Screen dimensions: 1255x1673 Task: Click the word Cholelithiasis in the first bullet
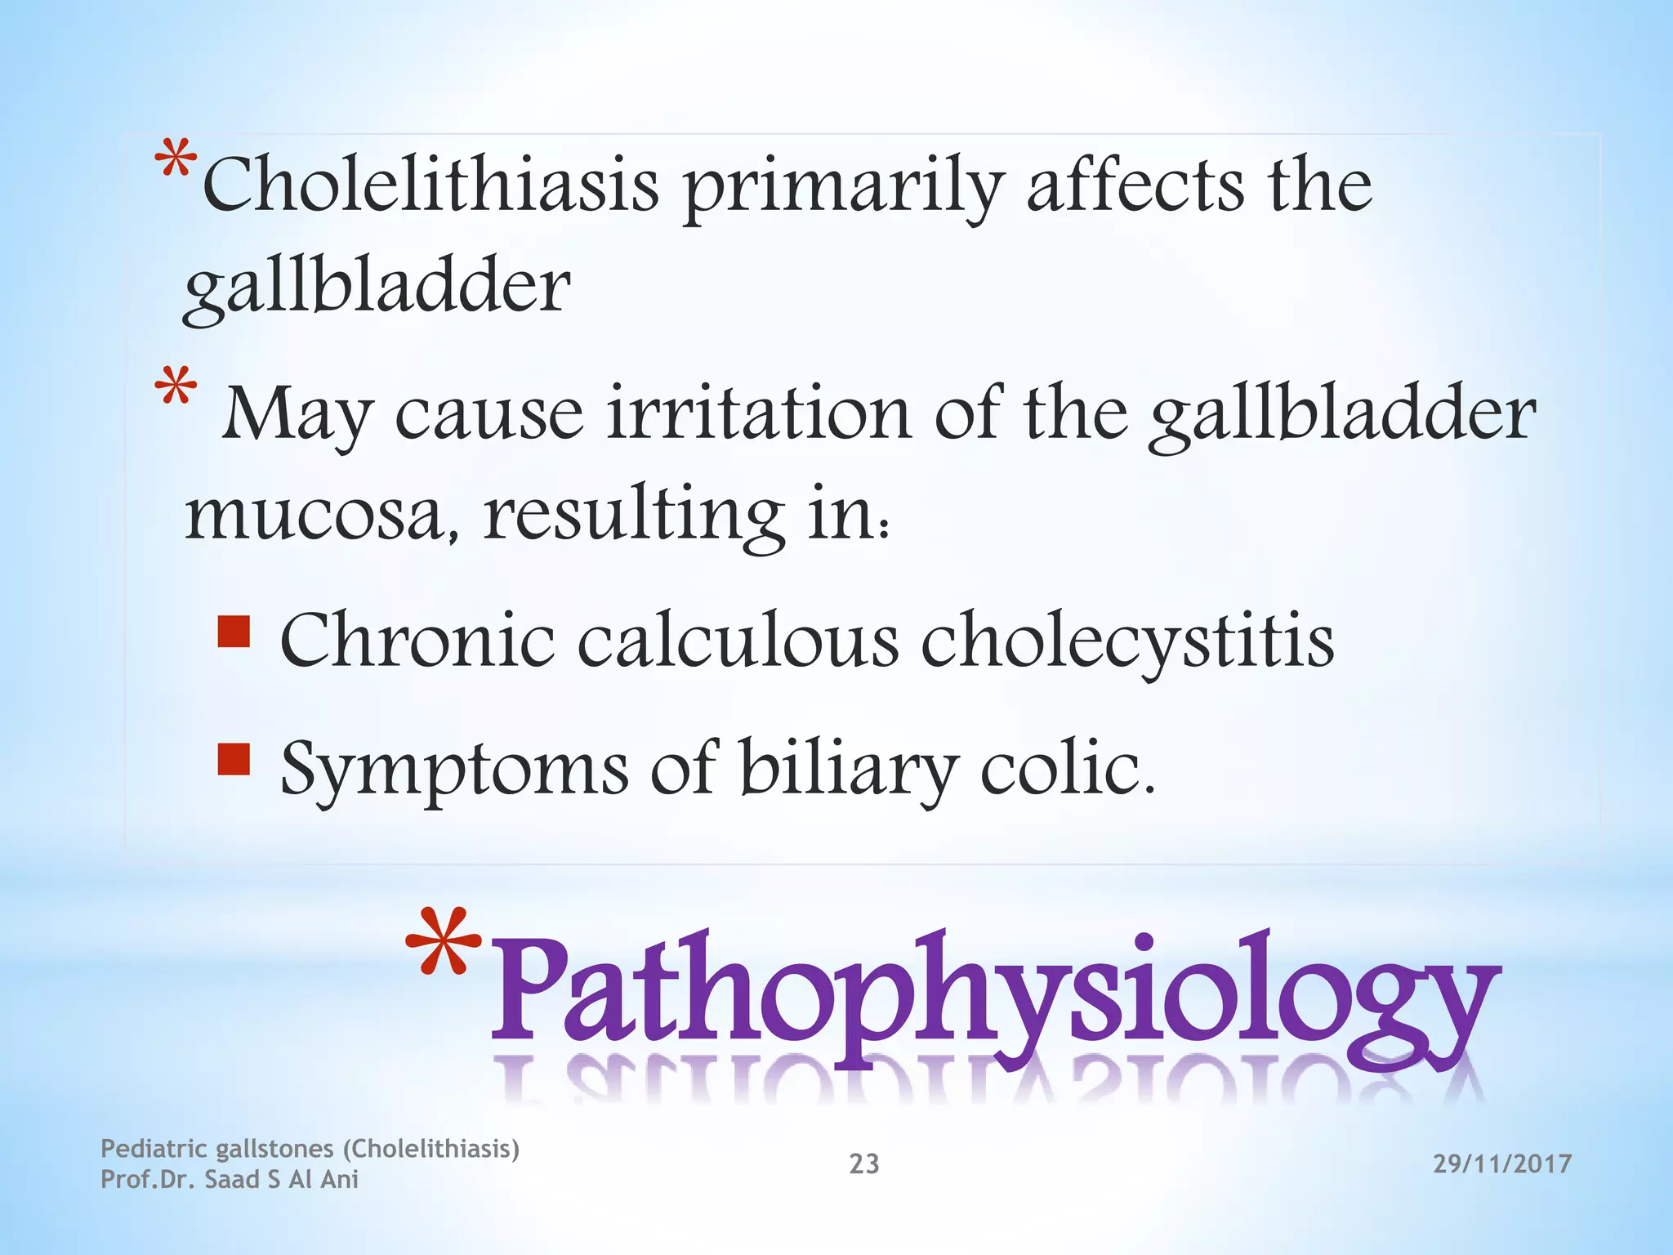point(431,185)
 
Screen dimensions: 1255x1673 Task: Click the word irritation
point(759,413)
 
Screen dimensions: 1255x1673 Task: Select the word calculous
point(738,641)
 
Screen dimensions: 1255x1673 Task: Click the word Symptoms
point(454,770)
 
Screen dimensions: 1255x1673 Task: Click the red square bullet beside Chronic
point(234,632)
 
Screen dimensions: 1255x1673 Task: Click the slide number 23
point(864,1163)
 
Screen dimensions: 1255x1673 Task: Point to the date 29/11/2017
point(1502,1163)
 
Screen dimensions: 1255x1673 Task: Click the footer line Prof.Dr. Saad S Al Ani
point(230,1180)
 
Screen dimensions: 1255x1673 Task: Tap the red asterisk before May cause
point(176,387)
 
